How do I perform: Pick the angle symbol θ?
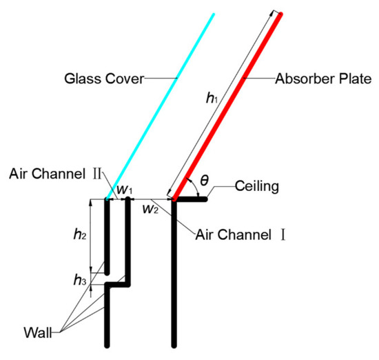205,181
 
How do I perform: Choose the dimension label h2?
81,234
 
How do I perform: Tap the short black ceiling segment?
191,201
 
